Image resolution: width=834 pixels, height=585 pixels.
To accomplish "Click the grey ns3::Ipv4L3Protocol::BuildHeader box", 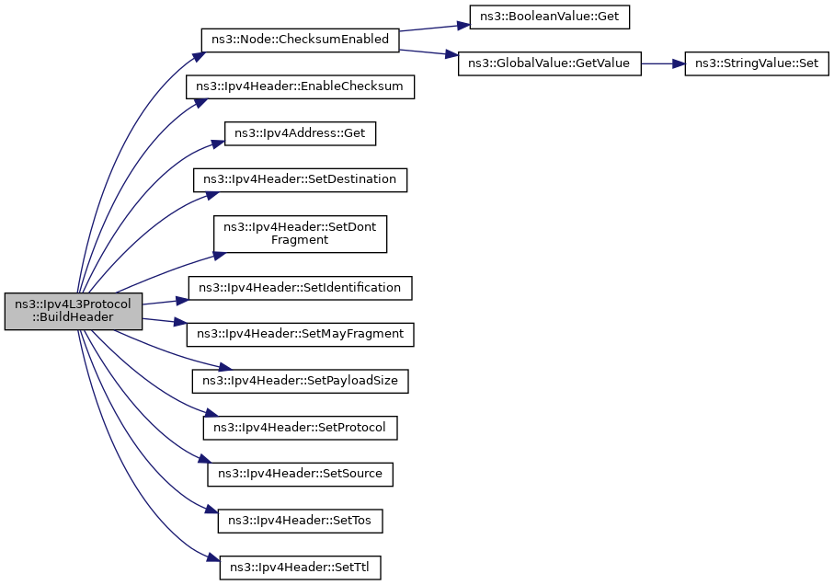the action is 74,311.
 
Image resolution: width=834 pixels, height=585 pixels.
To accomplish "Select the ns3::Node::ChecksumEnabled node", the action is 300,40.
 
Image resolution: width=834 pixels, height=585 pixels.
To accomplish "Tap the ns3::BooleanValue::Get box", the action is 550,17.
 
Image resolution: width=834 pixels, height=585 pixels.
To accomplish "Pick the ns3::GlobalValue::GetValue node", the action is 550,63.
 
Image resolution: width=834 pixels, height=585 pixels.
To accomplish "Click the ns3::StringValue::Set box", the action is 757,63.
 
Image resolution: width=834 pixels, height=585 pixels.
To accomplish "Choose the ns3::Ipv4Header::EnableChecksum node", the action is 300,86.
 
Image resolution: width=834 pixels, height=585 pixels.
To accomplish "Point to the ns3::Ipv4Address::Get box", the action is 300,133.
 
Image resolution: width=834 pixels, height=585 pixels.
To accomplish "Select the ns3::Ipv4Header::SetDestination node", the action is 300,179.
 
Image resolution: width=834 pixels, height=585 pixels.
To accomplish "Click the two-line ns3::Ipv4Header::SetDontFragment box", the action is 300,234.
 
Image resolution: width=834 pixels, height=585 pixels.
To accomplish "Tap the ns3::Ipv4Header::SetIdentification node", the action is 300,288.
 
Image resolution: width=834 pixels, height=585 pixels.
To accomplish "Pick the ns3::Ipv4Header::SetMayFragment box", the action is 300,335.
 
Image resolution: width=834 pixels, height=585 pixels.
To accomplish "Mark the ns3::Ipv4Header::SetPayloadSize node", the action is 300,382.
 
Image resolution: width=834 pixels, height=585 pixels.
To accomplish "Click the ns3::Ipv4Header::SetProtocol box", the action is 300,428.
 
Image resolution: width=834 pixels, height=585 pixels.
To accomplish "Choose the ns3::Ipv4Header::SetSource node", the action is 300,474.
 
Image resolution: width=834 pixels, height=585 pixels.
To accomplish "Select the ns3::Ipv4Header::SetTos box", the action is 300,521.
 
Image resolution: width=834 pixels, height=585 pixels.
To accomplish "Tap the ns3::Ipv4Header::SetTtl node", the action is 300,568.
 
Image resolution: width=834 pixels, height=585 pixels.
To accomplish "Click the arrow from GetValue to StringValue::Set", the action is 663,63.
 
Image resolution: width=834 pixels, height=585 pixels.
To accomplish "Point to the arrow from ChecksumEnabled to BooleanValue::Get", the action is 434,28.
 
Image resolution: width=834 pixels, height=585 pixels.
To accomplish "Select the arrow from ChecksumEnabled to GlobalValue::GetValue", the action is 428,52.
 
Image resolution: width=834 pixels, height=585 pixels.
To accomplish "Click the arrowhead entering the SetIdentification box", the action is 182,301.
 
